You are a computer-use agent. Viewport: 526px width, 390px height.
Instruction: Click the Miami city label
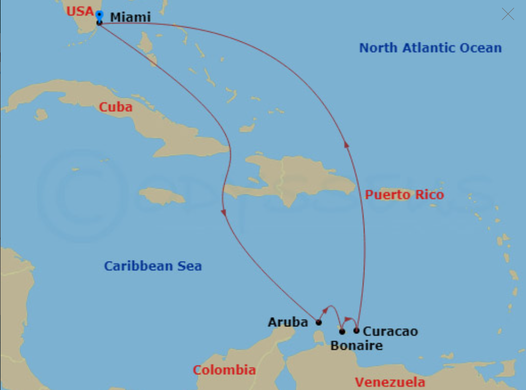coord(130,17)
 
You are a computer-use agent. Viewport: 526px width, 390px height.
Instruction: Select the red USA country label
coord(80,11)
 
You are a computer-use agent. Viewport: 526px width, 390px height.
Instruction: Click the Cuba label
coord(115,107)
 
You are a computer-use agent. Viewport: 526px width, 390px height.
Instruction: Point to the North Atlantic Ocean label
coord(430,48)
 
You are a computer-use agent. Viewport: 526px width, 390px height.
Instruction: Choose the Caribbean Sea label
coord(153,266)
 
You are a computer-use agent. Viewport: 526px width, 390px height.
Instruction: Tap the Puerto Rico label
coord(404,194)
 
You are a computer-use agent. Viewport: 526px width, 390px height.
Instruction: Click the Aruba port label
coord(288,323)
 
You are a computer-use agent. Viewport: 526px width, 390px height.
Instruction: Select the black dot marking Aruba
coord(319,322)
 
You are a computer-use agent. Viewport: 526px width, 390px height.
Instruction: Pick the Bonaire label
coord(356,345)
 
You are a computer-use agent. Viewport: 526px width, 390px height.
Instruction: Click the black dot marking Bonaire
coord(342,331)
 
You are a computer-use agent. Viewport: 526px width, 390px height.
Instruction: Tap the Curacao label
coord(390,331)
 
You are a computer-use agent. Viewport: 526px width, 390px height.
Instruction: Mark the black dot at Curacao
coord(356,330)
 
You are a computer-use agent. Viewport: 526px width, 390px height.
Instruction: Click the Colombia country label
coord(224,370)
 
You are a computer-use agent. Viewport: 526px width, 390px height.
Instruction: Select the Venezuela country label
coord(390,381)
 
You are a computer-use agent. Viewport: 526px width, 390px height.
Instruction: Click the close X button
coord(508,14)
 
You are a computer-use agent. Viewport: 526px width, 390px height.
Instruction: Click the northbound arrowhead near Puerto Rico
coord(346,144)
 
